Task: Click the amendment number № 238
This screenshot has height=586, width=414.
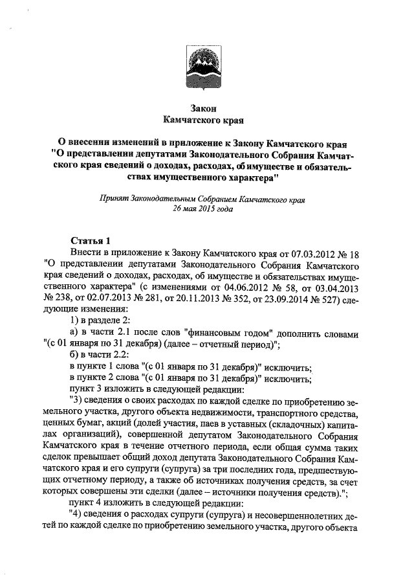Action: (57, 299)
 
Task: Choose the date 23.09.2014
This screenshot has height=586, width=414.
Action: (283, 299)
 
